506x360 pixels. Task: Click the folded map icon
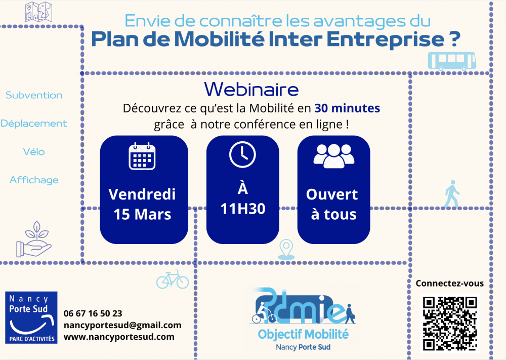pos(39,12)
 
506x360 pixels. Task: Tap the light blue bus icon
pos(452,61)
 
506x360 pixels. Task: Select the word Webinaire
pos(251,89)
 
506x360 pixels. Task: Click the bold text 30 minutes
pos(347,108)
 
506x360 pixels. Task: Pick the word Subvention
pos(34,95)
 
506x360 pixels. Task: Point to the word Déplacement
pos(34,124)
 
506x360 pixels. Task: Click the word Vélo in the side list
pos(34,151)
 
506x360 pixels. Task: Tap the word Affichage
pos(34,180)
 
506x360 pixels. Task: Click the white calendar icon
pos(142,156)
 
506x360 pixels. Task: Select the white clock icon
pos(243,154)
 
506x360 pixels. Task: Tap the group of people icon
pos(333,156)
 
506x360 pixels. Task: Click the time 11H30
pos(243,209)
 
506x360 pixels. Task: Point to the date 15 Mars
pos(142,214)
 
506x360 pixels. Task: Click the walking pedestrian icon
pos(452,194)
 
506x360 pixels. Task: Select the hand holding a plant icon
pos(34,239)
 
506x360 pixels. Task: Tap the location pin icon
pos(286,250)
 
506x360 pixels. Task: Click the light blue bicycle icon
pos(173,279)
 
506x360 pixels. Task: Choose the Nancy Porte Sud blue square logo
pos(31,317)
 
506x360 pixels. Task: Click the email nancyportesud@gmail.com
pos(122,325)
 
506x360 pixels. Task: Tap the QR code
pos(450,324)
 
